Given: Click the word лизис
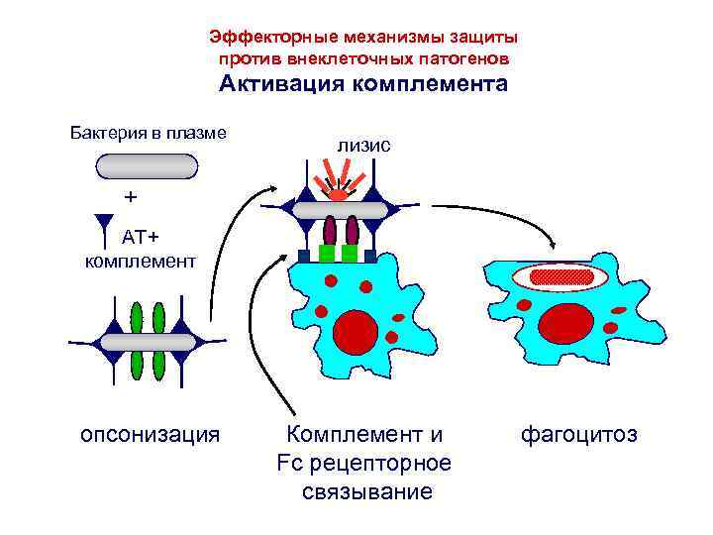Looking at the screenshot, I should pos(363,145).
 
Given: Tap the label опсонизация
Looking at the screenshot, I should pos(149,434).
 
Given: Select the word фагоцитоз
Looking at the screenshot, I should pos(578,434).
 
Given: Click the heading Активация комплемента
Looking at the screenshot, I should pos(362,83).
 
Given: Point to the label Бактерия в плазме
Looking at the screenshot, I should pos(150,132).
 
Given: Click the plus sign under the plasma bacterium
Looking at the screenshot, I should pos(129,196).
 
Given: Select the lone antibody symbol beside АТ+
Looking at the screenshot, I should pos(105,228).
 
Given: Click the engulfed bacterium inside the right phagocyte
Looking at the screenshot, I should pos(561,275).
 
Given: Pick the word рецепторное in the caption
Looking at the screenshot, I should pos(382,464).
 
